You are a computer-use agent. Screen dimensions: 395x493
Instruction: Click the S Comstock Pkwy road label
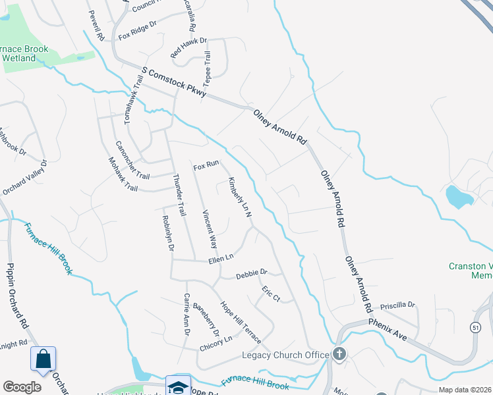pos(174,81)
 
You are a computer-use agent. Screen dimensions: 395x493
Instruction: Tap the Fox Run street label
pos(205,166)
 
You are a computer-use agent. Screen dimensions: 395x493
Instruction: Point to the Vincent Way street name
pos(210,228)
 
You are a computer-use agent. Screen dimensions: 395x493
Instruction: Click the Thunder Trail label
pos(179,195)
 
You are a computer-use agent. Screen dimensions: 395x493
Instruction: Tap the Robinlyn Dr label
pos(167,233)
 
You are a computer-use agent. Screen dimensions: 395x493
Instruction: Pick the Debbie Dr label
pos(251,273)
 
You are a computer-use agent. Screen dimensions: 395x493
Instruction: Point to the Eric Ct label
pos(271,294)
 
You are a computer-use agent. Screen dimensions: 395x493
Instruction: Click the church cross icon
pos(339,354)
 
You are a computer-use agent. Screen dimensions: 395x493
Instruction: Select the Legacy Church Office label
pos(285,355)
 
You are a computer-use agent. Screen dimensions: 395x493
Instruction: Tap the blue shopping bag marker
pos(43,359)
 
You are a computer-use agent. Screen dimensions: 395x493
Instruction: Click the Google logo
pos(22,387)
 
